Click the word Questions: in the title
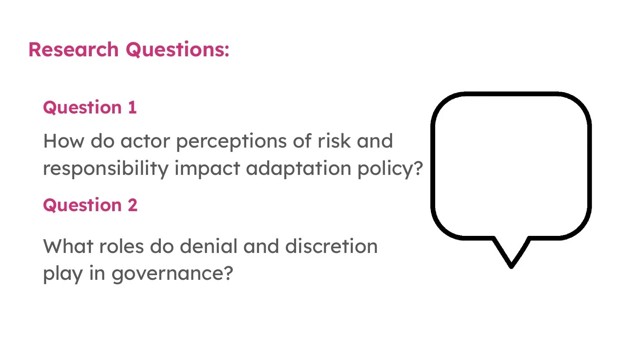177,49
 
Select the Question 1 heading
90,107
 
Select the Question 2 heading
90,205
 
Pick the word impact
207,168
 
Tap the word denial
209,246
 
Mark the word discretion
331,246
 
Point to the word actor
145,141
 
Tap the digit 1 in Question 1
132,107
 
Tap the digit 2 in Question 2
132,205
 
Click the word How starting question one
64,141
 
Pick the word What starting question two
68,246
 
